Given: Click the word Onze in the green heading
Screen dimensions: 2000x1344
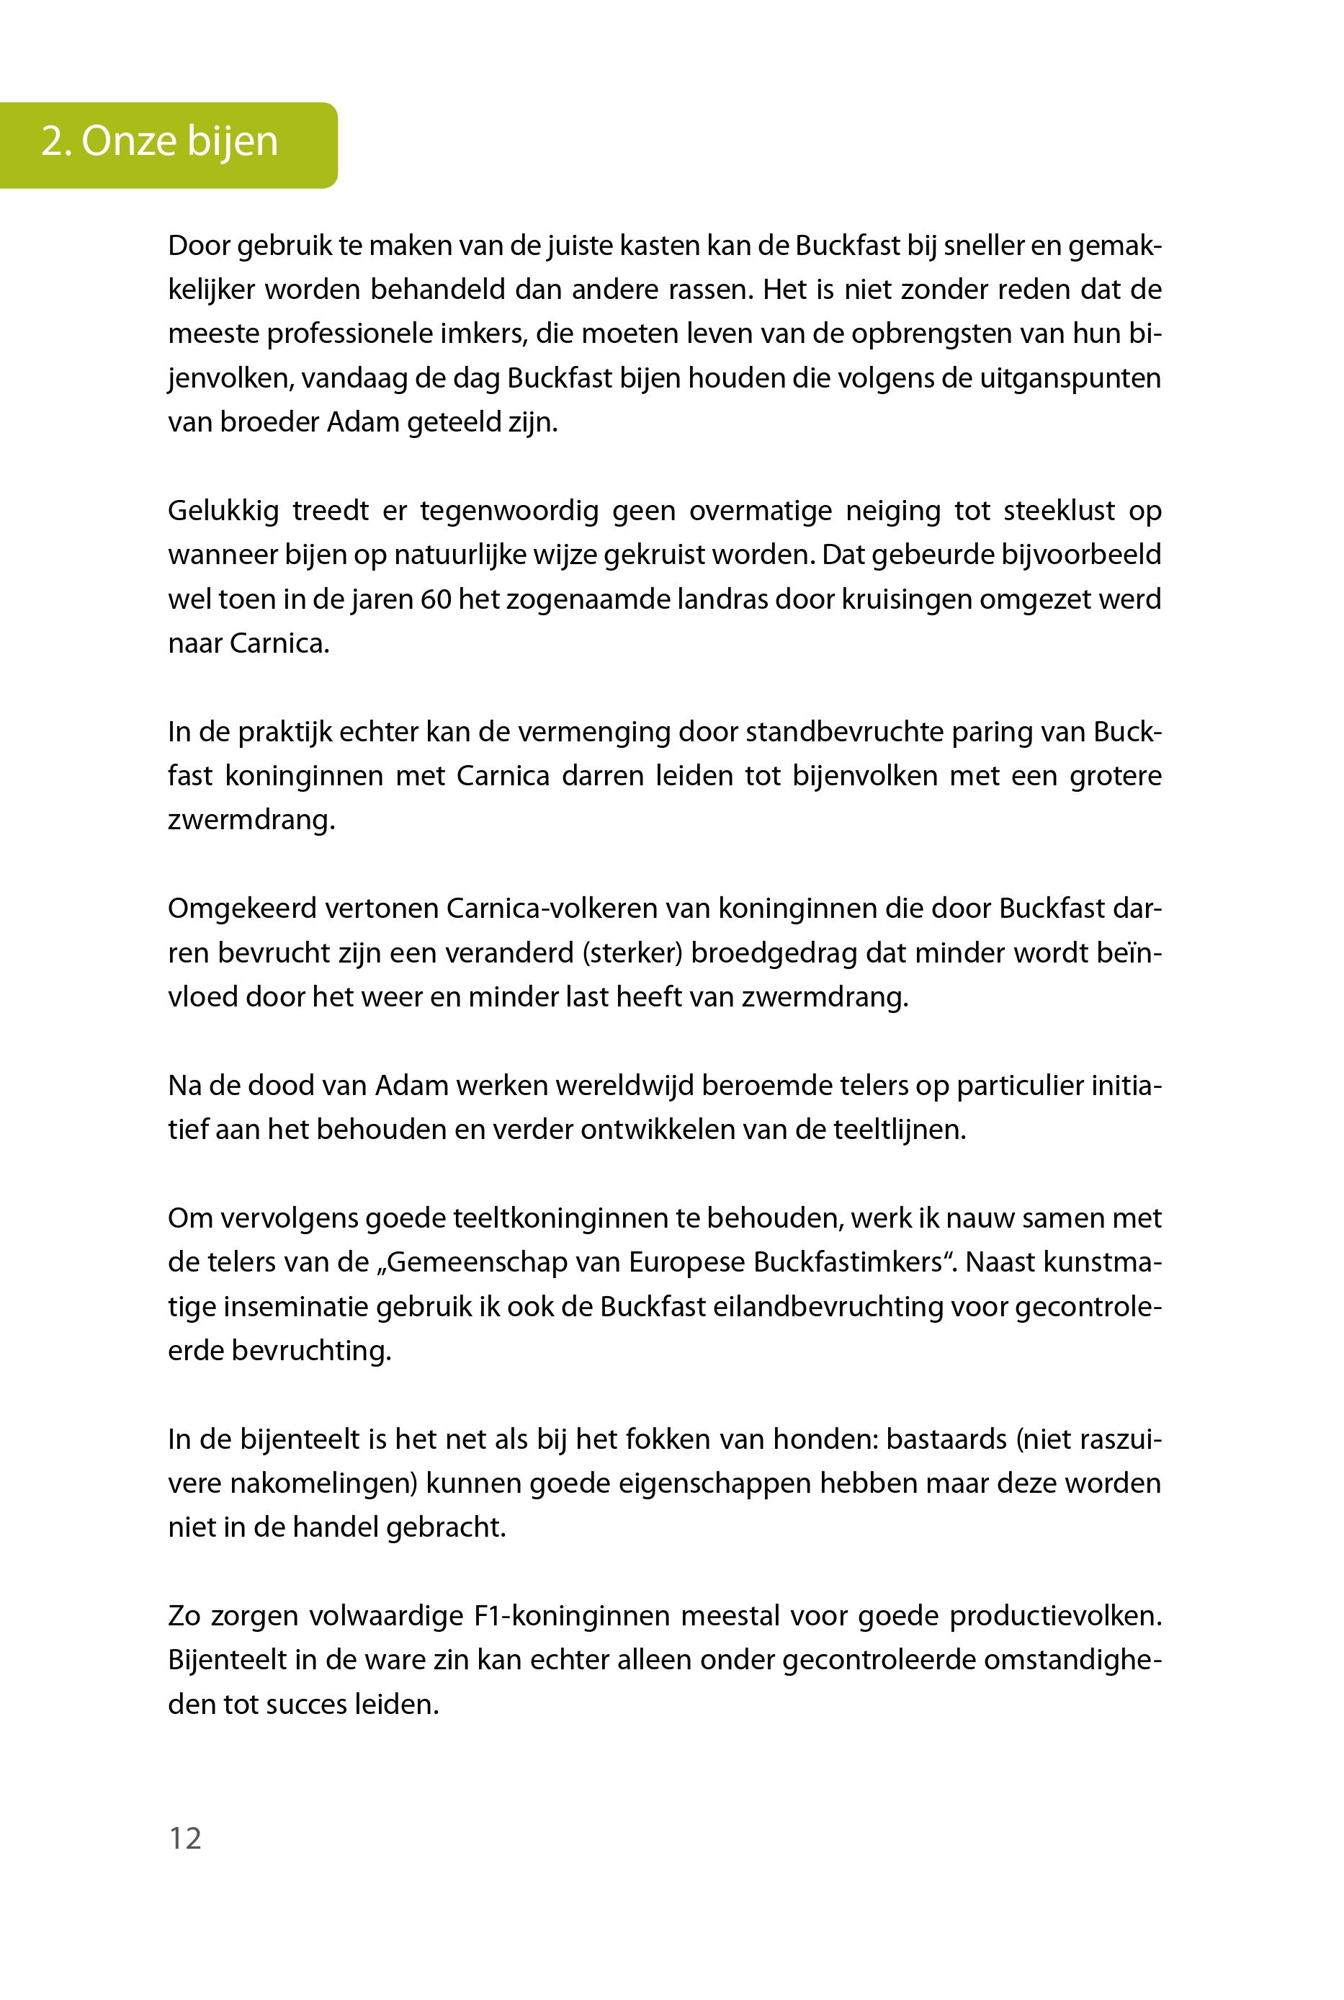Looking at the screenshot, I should (x=130, y=141).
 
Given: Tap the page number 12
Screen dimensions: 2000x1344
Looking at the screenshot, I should (x=185, y=1837).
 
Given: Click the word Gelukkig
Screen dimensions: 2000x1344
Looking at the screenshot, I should (x=223, y=511).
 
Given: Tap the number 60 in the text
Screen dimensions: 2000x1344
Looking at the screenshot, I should (x=436, y=599).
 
